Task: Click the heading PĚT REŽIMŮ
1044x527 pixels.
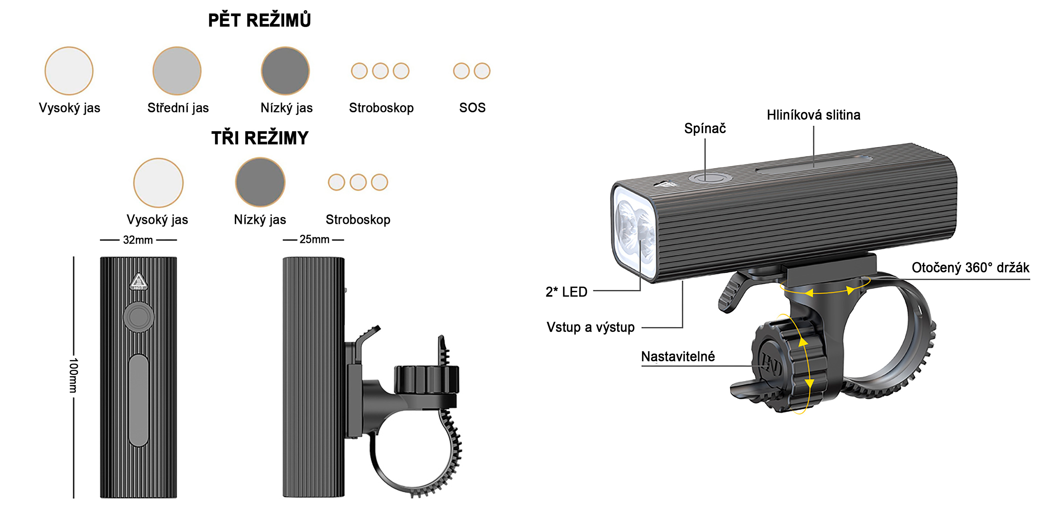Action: pos(259,20)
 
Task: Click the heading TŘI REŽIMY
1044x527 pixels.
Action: pos(260,138)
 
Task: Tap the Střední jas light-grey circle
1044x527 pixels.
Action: pos(177,71)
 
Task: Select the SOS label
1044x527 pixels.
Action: pos(472,108)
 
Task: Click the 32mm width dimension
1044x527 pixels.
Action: pos(138,240)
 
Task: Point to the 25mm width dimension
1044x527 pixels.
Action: pos(314,239)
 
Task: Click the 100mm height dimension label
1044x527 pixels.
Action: pos(73,375)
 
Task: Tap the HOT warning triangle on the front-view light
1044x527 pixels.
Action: pos(138,281)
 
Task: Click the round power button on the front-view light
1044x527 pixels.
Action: pos(139,317)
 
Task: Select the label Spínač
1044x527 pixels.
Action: pos(705,128)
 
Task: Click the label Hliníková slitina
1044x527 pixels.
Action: pos(813,115)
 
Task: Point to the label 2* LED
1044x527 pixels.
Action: pos(566,292)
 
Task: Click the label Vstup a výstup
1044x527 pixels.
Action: pos(590,327)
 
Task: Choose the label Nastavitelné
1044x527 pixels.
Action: pos(678,357)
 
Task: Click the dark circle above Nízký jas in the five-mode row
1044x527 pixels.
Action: pos(285,71)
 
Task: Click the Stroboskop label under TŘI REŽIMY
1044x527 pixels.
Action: pos(358,219)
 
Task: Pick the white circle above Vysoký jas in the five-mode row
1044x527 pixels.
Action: pos(69,71)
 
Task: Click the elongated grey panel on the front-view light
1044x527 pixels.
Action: pos(139,400)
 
